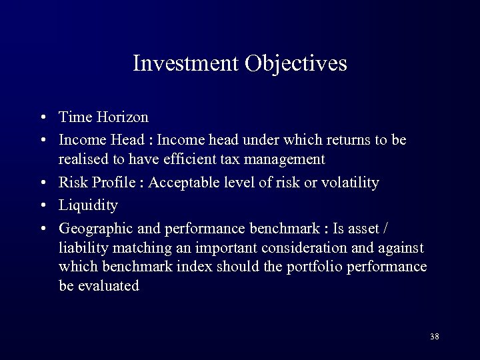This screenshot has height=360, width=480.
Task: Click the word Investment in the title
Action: point(186,63)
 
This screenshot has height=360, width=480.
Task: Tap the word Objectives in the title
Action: point(297,63)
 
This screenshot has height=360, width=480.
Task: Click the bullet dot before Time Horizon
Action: point(42,118)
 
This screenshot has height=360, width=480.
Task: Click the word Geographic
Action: point(96,229)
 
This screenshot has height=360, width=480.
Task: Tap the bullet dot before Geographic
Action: point(42,229)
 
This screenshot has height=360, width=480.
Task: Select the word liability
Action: point(81,248)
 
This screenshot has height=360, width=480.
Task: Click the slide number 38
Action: point(434,336)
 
